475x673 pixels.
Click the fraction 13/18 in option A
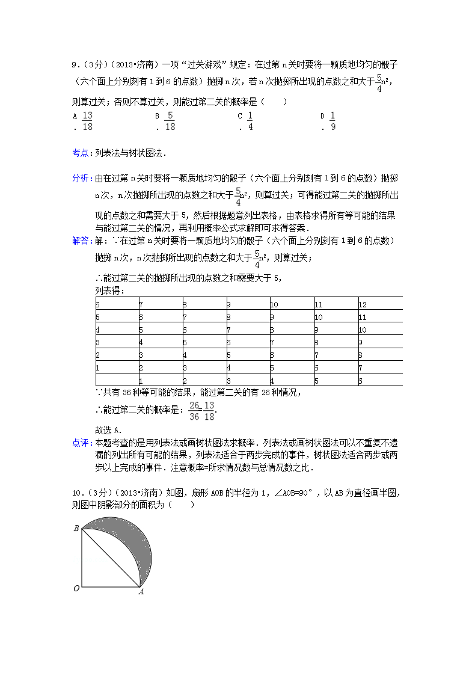tap(87, 121)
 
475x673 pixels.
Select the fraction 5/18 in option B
tap(170, 121)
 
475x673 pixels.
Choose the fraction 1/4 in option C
tap(250, 121)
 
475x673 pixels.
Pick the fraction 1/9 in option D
tap(332, 121)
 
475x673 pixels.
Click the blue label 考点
tap(81, 153)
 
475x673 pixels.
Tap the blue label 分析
tap(81, 179)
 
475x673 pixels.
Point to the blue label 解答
tap(81, 241)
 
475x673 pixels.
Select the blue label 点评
tap(81, 443)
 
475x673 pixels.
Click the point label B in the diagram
tap(76, 529)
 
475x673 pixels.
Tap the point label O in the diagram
tap(76, 588)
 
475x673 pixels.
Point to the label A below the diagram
tap(141, 592)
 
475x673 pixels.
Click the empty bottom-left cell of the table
tap(117, 380)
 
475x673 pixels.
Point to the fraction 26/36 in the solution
tap(194, 410)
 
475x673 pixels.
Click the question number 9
tap(74, 64)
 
